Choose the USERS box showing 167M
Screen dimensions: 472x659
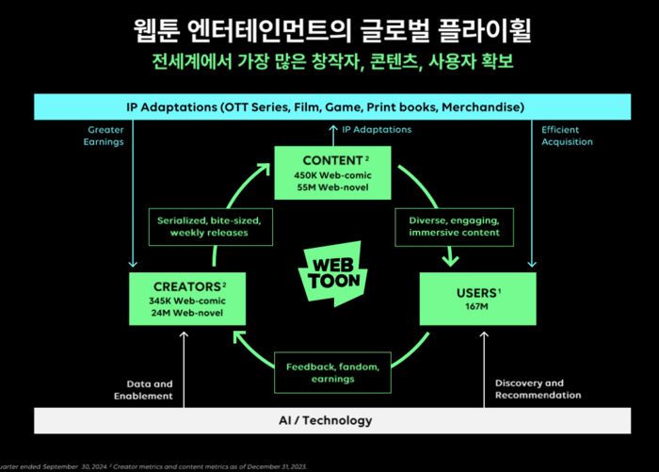(x=477, y=298)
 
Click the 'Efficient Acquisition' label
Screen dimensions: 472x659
(x=567, y=136)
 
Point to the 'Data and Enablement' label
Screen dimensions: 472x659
(x=150, y=389)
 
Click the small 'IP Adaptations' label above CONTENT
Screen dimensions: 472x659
(x=377, y=129)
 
